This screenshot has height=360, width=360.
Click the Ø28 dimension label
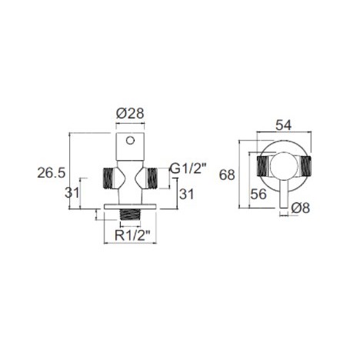(x=130, y=114)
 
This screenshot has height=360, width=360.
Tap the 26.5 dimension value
(x=52, y=172)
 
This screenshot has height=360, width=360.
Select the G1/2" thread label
(x=188, y=168)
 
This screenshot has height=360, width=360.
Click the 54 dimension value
(x=284, y=125)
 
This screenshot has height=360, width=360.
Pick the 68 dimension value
(x=227, y=175)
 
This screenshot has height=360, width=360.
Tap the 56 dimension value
(x=258, y=194)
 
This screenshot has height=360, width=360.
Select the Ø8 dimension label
(x=301, y=208)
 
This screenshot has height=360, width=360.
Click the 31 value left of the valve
(x=72, y=192)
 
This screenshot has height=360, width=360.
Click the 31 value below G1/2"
(x=186, y=194)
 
